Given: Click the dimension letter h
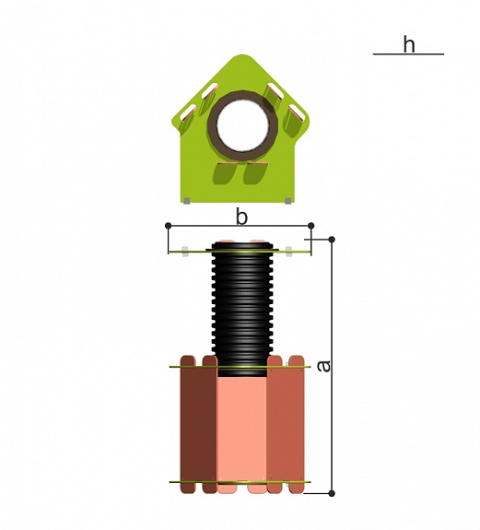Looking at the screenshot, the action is click(x=409, y=44).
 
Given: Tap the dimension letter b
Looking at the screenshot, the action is click(x=241, y=217).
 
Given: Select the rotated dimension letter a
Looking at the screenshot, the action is click(x=324, y=366).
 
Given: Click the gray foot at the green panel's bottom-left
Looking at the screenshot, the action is click(x=186, y=201).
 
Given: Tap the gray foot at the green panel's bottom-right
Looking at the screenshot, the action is click(x=287, y=201).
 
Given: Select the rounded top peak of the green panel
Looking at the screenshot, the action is click(x=241, y=57).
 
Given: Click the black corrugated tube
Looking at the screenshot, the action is click(x=242, y=308).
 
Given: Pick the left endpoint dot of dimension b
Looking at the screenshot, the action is click(x=169, y=226).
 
